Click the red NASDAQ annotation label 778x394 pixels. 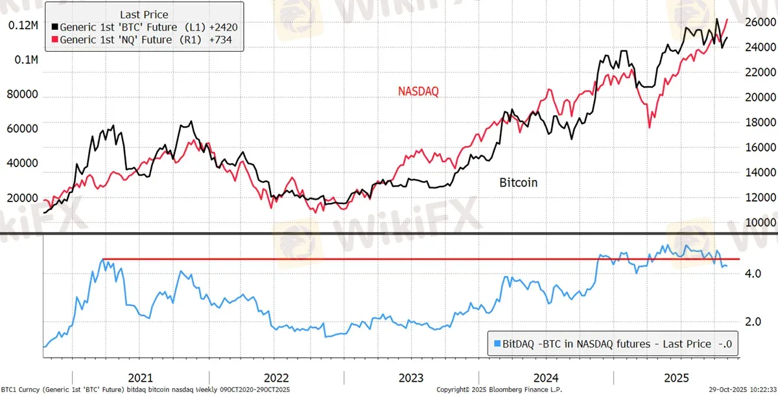click(x=418, y=92)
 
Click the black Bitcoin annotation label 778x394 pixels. click(x=518, y=183)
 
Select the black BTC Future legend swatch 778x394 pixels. click(x=55, y=28)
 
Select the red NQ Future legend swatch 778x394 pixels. click(x=55, y=40)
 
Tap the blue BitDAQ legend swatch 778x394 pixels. click(x=497, y=344)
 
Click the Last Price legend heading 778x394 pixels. click(x=143, y=14)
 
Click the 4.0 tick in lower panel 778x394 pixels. click(x=754, y=273)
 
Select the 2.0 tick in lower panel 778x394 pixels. click(x=754, y=322)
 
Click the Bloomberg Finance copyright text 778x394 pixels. click(x=499, y=389)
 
